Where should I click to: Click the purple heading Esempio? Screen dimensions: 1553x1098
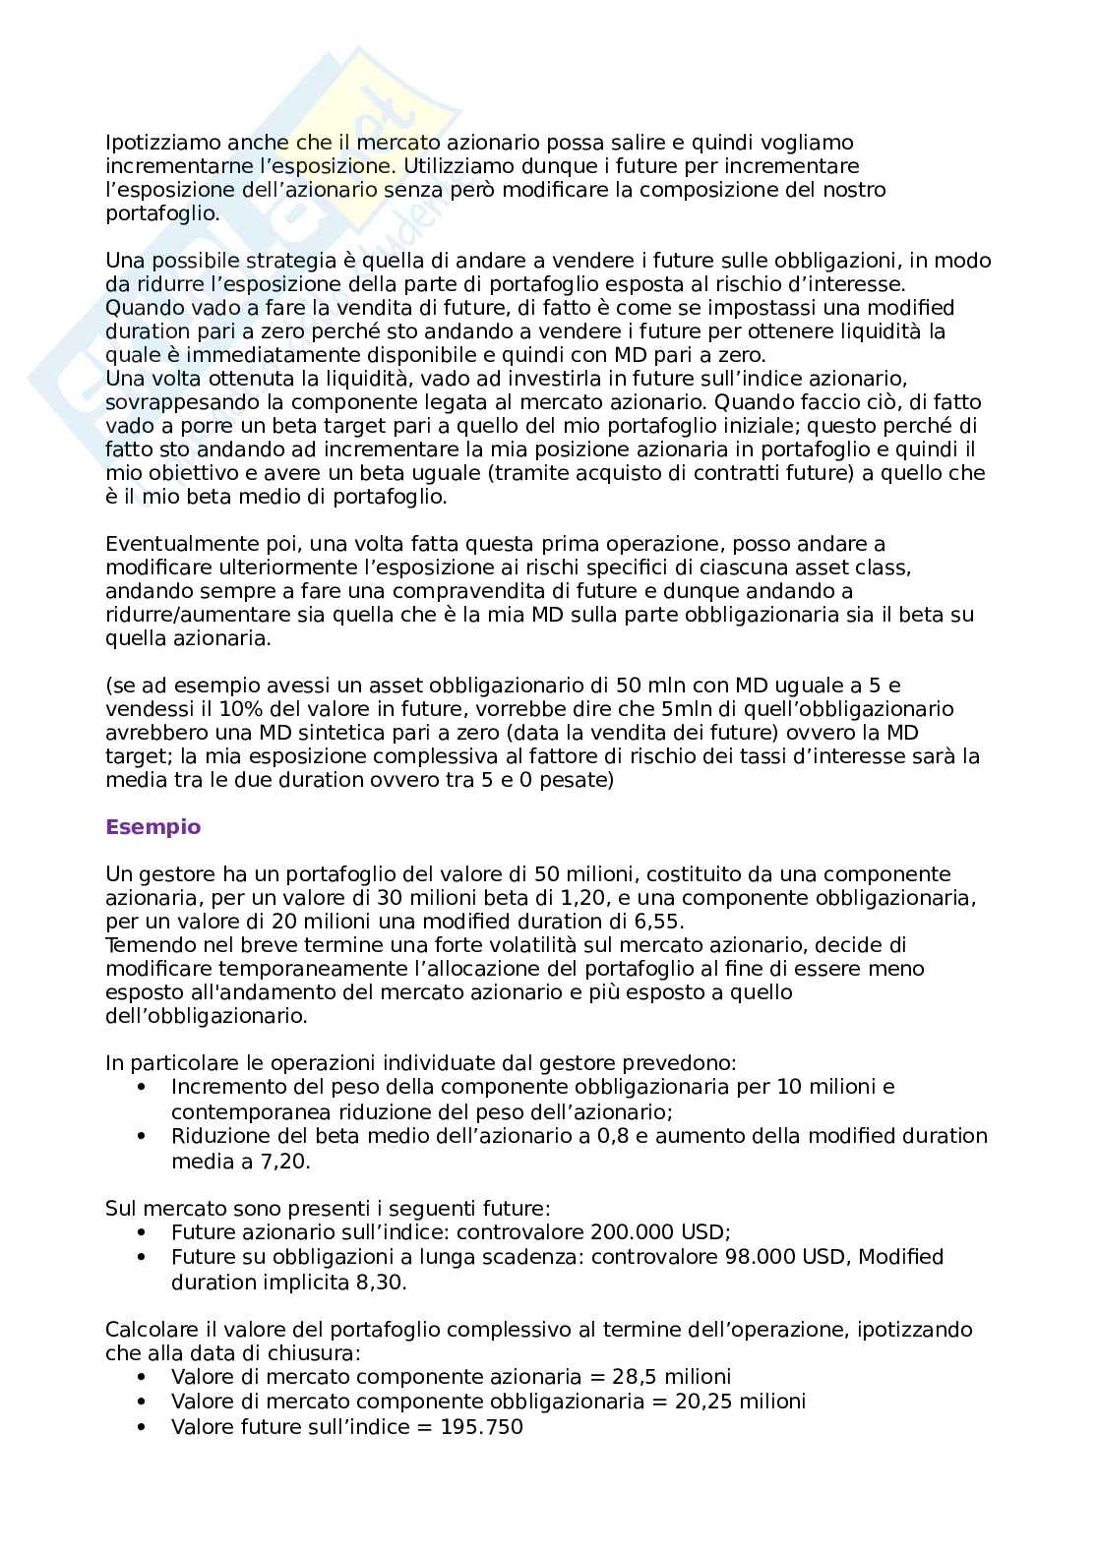click(x=152, y=827)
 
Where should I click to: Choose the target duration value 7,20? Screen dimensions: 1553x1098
click(x=278, y=1162)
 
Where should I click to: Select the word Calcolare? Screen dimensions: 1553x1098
click(x=149, y=1331)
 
